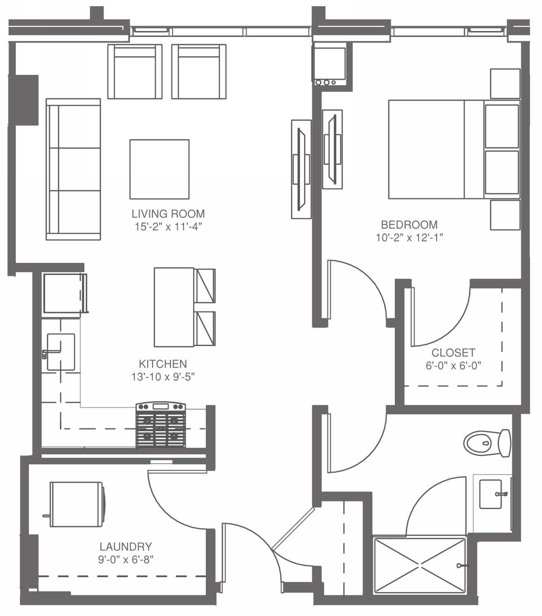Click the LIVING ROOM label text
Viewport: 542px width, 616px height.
[168, 214]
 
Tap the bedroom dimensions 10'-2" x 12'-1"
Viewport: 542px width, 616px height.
[409, 238]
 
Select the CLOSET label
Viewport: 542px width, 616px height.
[453, 353]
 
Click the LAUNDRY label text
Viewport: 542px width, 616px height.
[126, 547]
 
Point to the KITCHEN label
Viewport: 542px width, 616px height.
[163, 364]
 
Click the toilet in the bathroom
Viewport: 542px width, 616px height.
[487, 443]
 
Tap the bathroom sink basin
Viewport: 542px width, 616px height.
[491, 494]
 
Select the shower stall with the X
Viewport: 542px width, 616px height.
[419, 565]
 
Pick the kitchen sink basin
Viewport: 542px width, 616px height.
[61, 352]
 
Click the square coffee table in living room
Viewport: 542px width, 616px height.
[159, 169]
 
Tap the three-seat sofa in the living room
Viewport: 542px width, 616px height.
[74, 169]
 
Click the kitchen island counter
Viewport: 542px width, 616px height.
[174, 307]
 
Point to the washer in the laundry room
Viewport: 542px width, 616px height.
[77, 504]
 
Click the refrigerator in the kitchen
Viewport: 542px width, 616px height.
[63, 293]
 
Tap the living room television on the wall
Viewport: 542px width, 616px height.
[301, 169]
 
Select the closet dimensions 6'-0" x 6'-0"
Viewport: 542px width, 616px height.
[453, 366]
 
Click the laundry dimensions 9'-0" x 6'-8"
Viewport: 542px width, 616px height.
[126, 560]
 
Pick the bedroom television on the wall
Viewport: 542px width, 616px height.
[332, 149]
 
